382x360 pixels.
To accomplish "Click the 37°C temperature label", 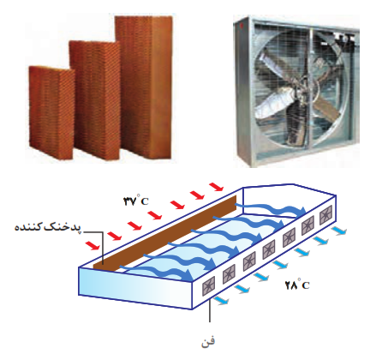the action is point(136,200).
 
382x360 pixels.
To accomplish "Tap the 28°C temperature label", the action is point(297,284).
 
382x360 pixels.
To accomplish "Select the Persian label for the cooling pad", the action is point(48,228).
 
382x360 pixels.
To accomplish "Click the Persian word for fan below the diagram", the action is point(208,341).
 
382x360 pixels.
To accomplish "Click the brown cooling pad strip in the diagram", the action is point(165,233).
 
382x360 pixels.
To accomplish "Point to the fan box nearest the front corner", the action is point(209,286).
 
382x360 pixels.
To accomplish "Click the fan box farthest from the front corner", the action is point(326,214).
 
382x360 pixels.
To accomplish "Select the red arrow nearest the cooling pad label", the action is point(93,245).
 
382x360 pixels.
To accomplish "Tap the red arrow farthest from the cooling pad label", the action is point(216,187).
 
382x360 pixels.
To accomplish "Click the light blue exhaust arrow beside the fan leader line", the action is point(221,300).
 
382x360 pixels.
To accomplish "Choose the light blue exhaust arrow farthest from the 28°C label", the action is point(339,231).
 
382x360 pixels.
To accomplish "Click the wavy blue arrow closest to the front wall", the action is point(157,273).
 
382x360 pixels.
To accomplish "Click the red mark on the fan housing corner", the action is point(242,25).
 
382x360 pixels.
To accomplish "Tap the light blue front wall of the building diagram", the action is point(135,288).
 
